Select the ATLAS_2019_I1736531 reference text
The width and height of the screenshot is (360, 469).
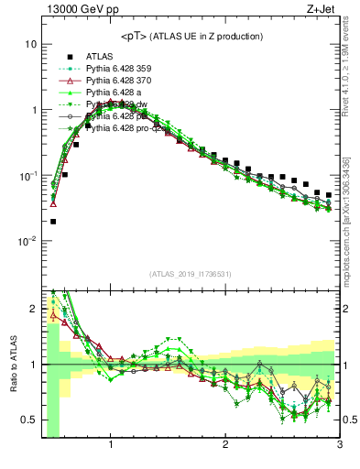point(189,273)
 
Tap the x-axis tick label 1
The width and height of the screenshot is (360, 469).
point(111,446)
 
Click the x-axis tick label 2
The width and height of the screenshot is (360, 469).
point(225,446)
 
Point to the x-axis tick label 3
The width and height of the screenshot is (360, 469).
point(339,446)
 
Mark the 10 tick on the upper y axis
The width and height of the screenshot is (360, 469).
point(31,44)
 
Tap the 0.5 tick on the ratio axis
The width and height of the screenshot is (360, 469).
point(29,420)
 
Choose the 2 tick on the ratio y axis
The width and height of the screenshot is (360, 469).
point(33,309)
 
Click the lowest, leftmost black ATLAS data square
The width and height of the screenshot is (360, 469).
point(53,221)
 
